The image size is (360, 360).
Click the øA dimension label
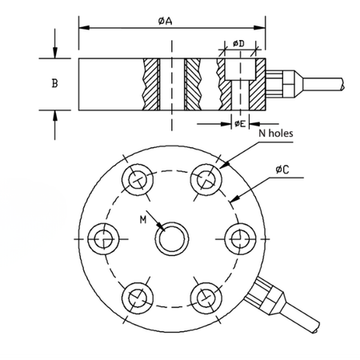click(x=165, y=21)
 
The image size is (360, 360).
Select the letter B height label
click(x=54, y=83)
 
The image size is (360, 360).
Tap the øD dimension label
click(x=238, y=43)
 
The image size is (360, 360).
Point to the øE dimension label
click(x=240, y=124)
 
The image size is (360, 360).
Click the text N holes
click(x=276, y=133)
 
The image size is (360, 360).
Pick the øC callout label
click(x=282, y=169)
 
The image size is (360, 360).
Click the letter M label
click(x=143, y=220)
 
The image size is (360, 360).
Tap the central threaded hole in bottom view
click(x=172, y=238)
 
